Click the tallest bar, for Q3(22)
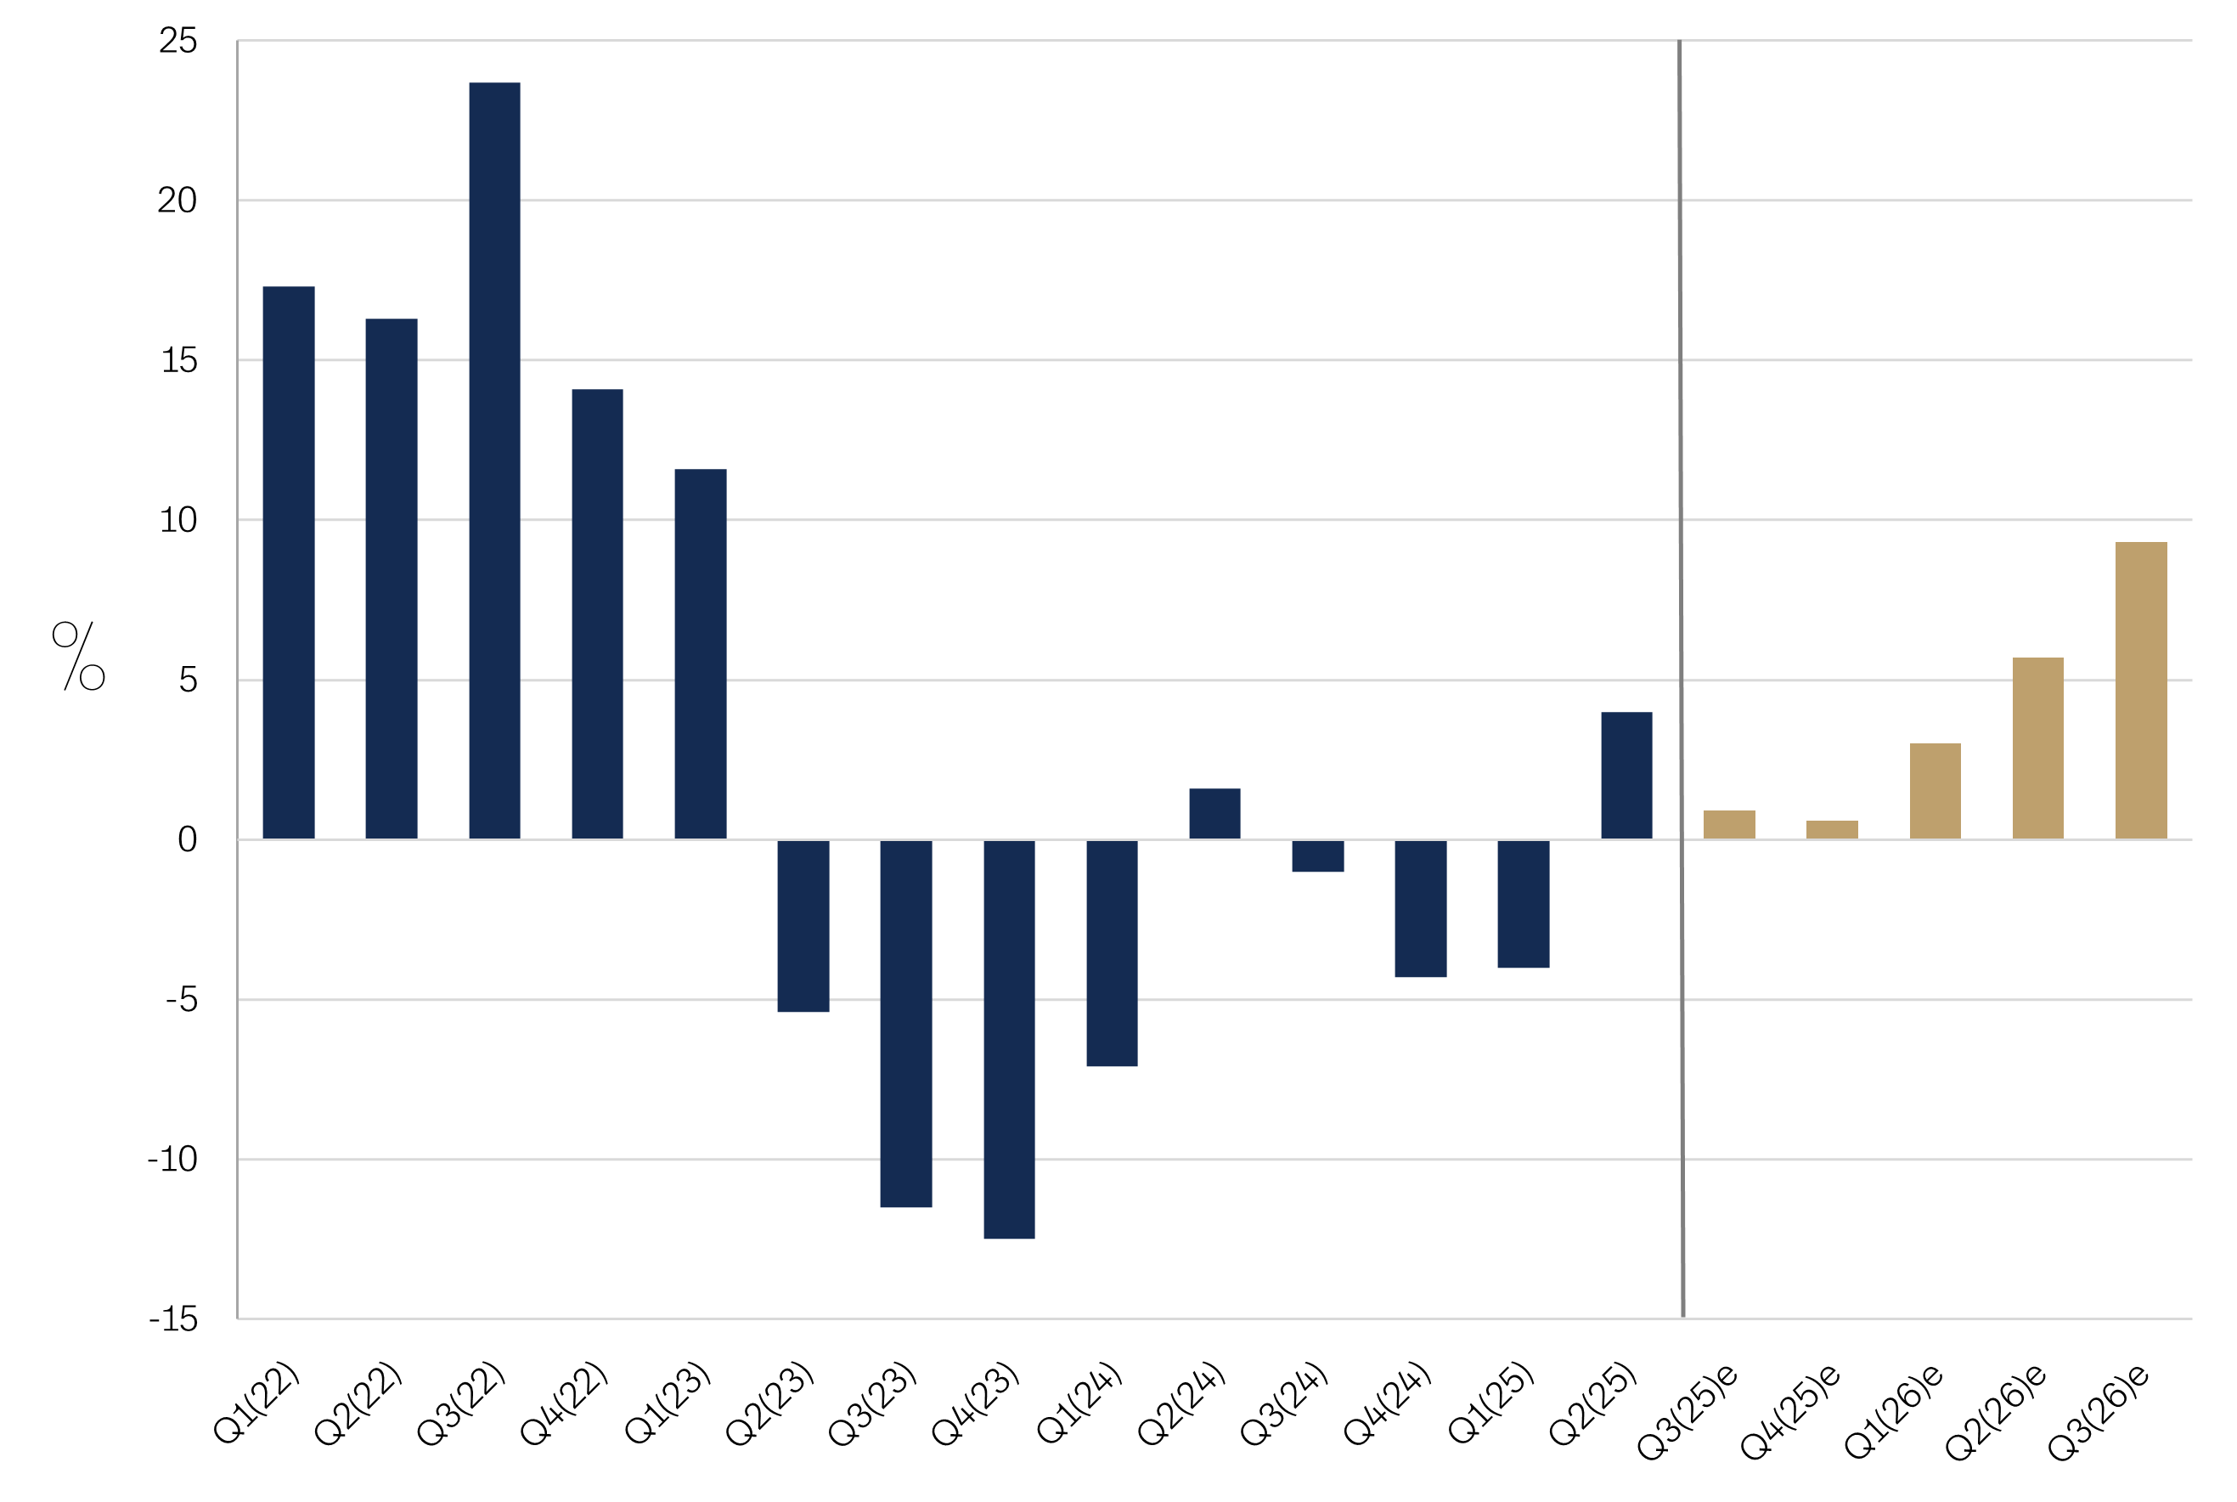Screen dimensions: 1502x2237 pyautogui.click(x=494, y=460)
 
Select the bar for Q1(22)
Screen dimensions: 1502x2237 pyautogui.click(x=288, y=562)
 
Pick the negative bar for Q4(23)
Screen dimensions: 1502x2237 pyautogui.click(x=1008, y=1039)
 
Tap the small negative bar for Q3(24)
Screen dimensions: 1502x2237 pyautogui.click(x=1318, y=855)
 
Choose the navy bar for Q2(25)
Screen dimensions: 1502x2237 pyautogui.click(x=1626, y=775)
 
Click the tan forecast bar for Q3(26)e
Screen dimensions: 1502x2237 pyautogui.click(x=2140, y=691)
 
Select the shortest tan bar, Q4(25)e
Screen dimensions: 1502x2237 pyautogui.click(x=1832, y=829)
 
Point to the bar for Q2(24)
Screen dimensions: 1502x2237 pyautogui.click(x=1214, y=813)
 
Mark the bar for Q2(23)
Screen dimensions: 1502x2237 pyautogui.click(x=803, y=925)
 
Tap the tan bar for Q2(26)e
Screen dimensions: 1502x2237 pyautogui.click(x=2037, y=748)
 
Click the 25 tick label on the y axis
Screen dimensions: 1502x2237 pyautogui.click(x=178, y=41)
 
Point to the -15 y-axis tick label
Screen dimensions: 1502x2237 pyautogui.click(x=173, y=1319)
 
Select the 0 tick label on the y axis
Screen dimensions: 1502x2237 pyautogui.click(x=188, y=840)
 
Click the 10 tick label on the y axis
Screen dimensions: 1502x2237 pyautogui.click(x=178, y=520)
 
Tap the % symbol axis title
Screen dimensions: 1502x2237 pyautogui.click(x=78, y=656)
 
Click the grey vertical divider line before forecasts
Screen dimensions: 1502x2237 pyautogui.click(x=1681, y=670)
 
